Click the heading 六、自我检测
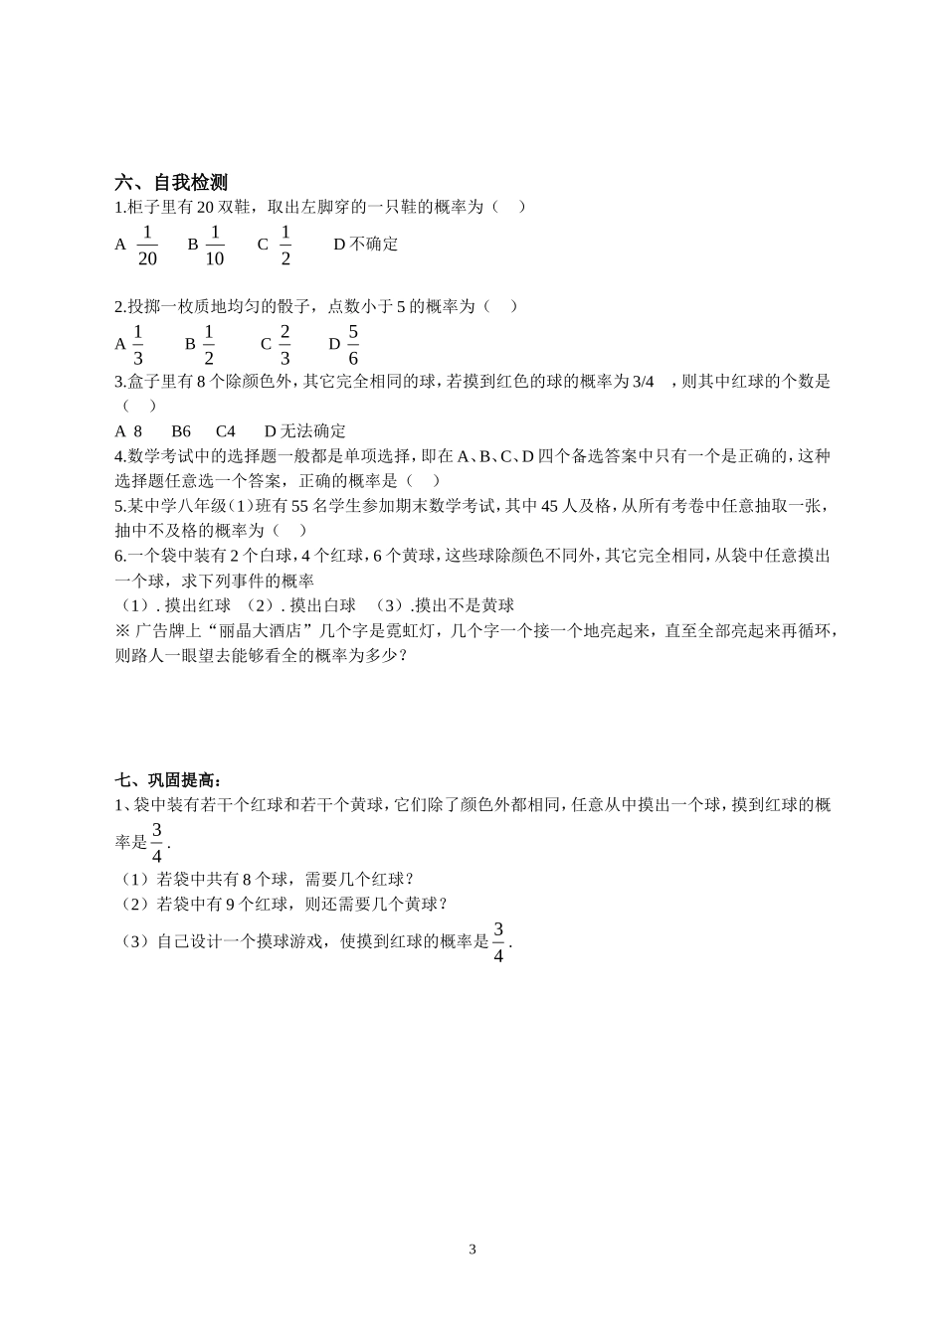[171, 183]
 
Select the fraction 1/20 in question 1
[147, 246]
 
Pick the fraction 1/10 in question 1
[215, 246]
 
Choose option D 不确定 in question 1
[365, 245]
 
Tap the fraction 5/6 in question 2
[353, 345]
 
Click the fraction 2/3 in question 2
[284, 345]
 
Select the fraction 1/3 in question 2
[138, 345]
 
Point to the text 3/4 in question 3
[644, 382]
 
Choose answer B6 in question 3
[181, 431]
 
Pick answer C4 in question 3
[226, 431]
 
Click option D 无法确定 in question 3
[305, 431]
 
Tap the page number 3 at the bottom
[472, 1250]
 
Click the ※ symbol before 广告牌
[123, 631]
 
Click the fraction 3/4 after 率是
[156, 842]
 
